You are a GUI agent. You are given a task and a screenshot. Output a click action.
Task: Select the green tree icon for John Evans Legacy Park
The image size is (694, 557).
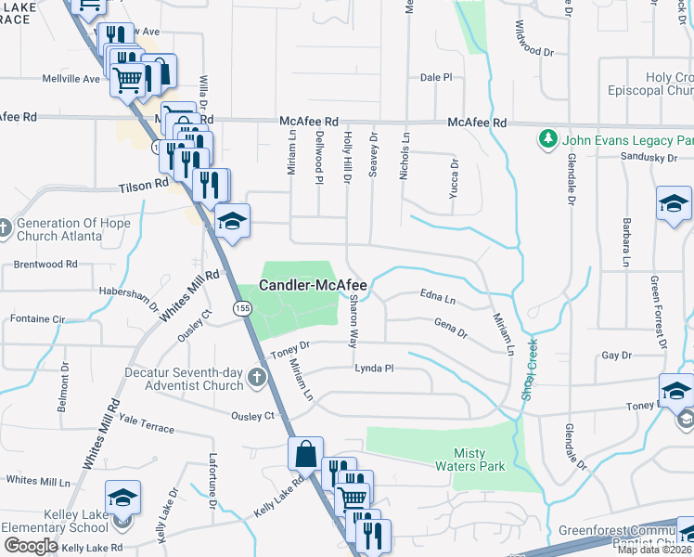(547, 140)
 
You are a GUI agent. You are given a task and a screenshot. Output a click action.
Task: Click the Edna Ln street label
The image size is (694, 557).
(438, 300)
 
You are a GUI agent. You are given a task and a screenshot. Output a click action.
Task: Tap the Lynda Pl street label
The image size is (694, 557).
(374, 369)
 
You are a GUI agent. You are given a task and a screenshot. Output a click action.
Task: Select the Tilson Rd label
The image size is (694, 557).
(143, 186)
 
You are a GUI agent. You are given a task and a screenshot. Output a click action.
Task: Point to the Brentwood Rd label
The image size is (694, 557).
(45, 265)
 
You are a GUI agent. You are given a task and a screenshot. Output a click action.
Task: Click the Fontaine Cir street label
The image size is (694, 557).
(37, 319)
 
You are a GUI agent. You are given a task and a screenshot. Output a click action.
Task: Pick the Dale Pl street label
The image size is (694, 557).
(435, 78)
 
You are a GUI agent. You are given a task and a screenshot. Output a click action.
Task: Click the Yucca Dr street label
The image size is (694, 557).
(455, 175)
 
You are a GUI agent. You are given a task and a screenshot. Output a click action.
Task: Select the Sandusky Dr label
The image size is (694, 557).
(649, 159)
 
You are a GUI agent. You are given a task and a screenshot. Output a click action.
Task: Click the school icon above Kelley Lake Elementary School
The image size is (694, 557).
(122, 499)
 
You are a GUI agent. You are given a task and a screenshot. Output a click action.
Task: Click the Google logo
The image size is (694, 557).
(31, 546)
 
